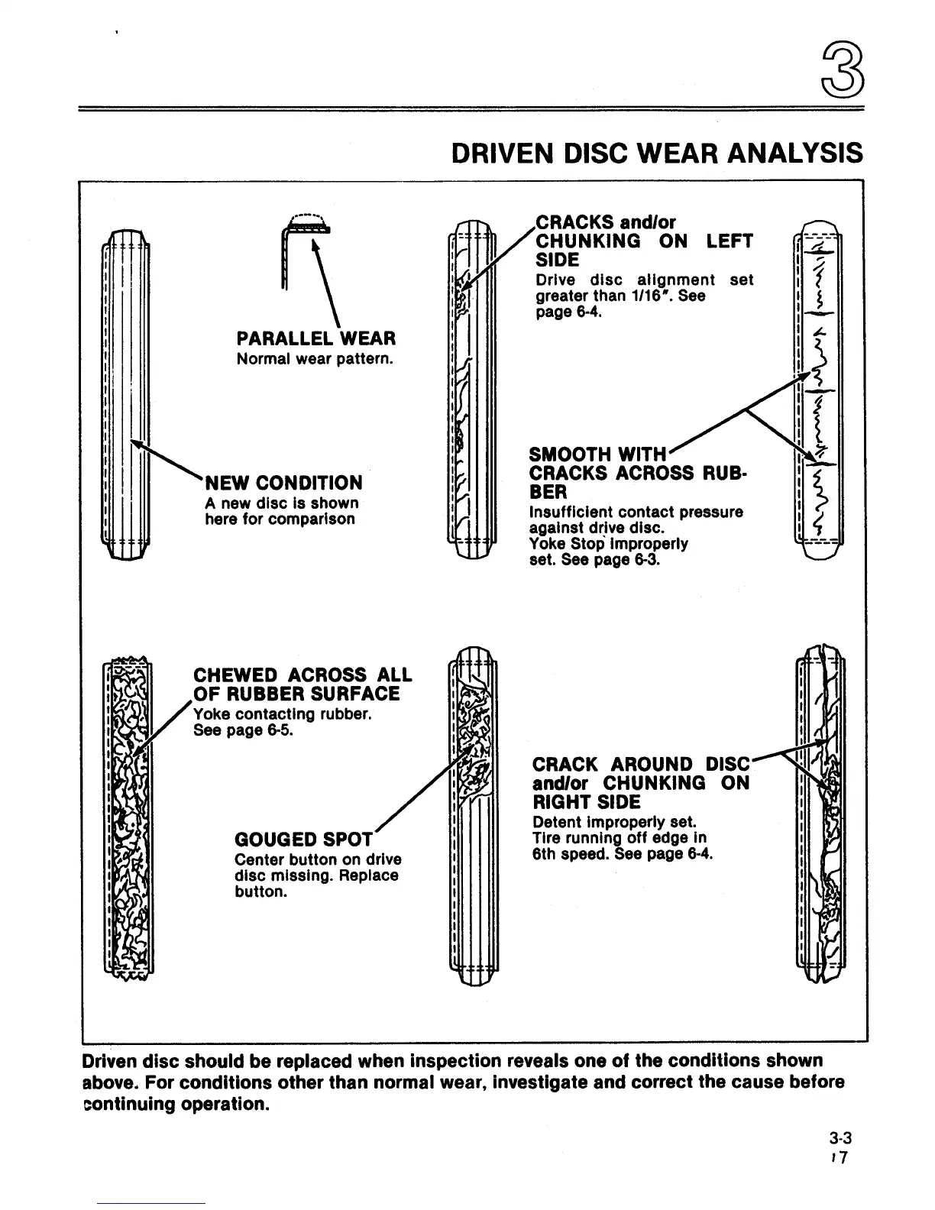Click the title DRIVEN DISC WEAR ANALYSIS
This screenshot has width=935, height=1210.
pos(657,153)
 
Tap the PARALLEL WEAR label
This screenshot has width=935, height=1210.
pos(316,338)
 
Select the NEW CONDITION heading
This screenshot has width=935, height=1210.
pos(283,483)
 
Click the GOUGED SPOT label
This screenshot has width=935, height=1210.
pos(303,839)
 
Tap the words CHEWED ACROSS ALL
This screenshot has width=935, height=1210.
pos(302,675)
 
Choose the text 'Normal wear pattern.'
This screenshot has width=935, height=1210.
pos(315,358)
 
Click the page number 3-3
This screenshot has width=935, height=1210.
pos(833,1138)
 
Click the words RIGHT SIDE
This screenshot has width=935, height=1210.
pos(586,802)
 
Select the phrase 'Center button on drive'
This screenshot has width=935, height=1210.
pos(318,859)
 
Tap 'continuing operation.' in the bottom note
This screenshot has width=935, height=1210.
pos(176,1105)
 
